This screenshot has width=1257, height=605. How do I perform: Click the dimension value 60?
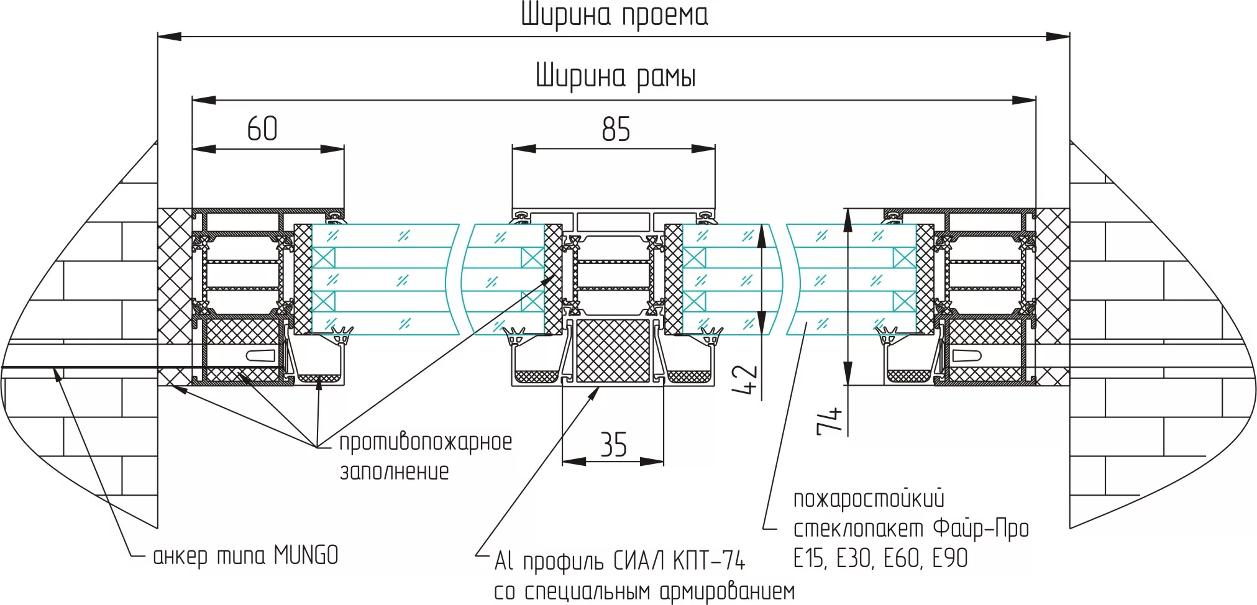[x=262, y=129]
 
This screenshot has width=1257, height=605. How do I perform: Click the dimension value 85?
[x=615, y=129]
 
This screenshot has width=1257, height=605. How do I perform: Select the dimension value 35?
[x=613, y=445]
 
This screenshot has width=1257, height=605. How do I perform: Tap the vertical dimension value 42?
[x=745, y=380]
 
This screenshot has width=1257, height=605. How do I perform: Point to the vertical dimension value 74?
[x=830, y=421]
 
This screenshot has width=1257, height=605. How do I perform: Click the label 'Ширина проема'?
[x=614, y=16]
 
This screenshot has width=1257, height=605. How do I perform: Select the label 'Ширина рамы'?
[x=615, y=76]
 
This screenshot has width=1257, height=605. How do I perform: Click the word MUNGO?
[x=306, y=555]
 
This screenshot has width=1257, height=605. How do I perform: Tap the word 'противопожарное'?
[x=426, y=442]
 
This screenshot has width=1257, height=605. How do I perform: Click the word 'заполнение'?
[x=394, y=471]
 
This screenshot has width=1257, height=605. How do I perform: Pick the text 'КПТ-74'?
[x=709, y=561]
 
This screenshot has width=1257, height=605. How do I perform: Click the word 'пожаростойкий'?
[x=869, y=499]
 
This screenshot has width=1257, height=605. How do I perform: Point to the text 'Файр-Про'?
[x=980, y=529]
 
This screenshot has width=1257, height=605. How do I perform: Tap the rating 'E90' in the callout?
[x=950, y=558]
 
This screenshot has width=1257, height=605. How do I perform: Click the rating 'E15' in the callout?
[x=809, y=558]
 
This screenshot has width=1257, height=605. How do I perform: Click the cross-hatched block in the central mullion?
[x=613, y=351]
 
